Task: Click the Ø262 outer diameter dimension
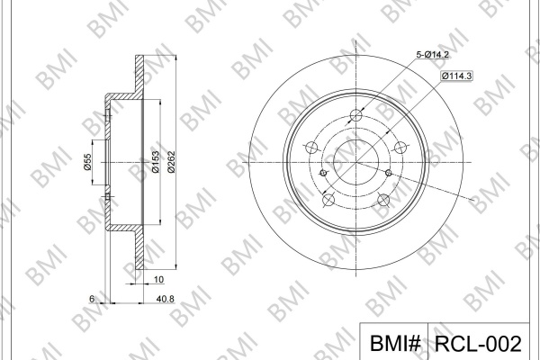(172, 162)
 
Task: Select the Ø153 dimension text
(156, 162)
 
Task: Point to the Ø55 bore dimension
(87, 162)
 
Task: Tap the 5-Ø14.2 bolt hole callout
(433, 54)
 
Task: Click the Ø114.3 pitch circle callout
(456, 76)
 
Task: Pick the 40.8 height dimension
(166, 299)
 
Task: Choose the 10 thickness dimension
(158, 279)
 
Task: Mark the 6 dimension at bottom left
(92, 299)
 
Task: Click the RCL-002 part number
(479, 344)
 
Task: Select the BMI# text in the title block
(395, 344)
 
